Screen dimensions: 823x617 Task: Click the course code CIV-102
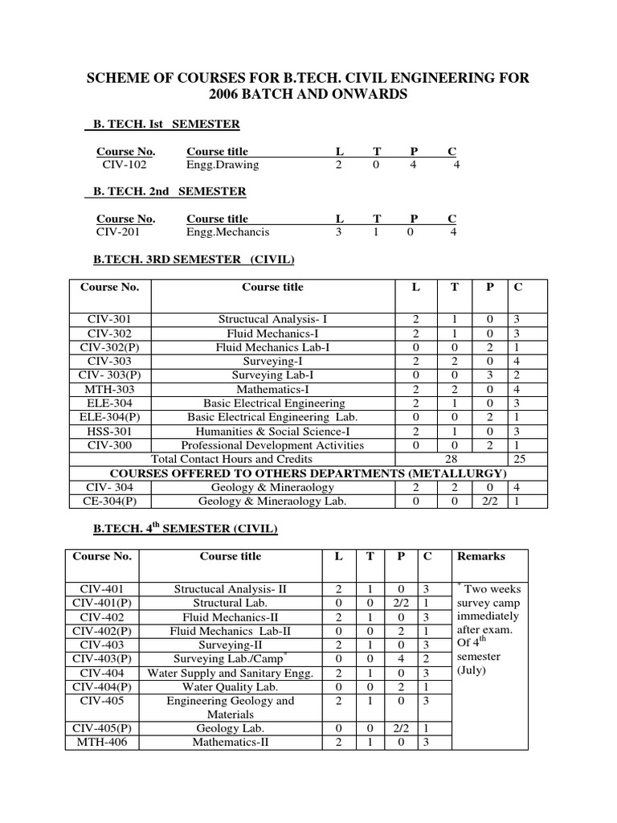point(125,165)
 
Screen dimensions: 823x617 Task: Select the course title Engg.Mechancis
point(227,232)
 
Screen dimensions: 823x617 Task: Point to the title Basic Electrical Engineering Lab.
point(272,417)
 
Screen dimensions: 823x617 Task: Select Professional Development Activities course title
point(272,445)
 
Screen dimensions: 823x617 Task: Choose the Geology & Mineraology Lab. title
point(272,501)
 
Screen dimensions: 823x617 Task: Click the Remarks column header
point(480,556)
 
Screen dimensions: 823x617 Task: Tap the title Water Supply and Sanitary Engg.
point(231,673)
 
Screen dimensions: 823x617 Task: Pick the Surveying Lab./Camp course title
point(231,659)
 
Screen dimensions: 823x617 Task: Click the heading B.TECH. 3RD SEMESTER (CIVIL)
point(194,259)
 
